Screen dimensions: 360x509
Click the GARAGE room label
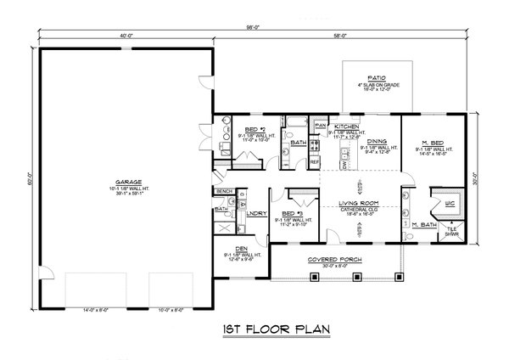pyautogui.click(x=124, y=182)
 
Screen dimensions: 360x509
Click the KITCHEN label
pyautogui.click(x=346, y=125)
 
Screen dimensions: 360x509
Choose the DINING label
pyautogui.click(x=378, y=141)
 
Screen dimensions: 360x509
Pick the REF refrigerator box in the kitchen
pyautogui.click(x=314, y=160)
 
